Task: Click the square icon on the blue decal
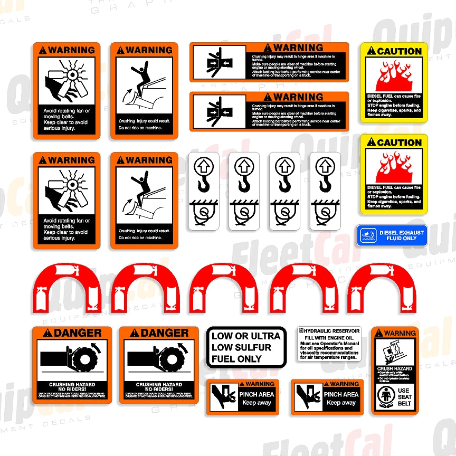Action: pos(368,235)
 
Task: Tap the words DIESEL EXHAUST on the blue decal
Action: pos(401,232)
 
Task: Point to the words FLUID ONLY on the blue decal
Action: pos(401,239)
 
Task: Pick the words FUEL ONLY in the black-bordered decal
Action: pos(236,359)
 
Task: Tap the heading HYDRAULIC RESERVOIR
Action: pos(331,330)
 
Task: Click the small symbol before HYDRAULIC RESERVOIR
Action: pos(301,330)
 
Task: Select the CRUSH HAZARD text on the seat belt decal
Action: pos(394,369)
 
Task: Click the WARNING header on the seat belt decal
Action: pos(400,334)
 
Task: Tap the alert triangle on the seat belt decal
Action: pos(379,334)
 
